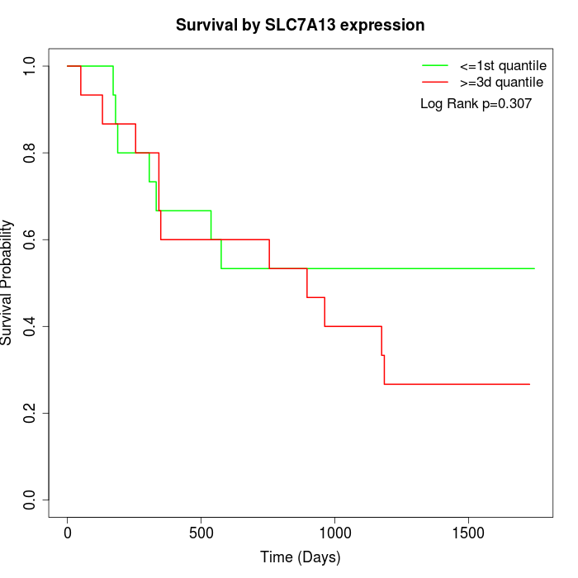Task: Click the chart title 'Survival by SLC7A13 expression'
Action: (x=300, y=26)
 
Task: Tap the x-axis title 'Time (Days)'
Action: (x=300, y=557)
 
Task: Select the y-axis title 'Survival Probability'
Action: (x=7, y=282)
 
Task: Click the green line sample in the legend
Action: (x=435, y=65)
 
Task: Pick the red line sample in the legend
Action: (x=435, y=83)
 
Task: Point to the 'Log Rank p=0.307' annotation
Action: (x=476, y=104)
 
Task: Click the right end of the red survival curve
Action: (x=529, y=384)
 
